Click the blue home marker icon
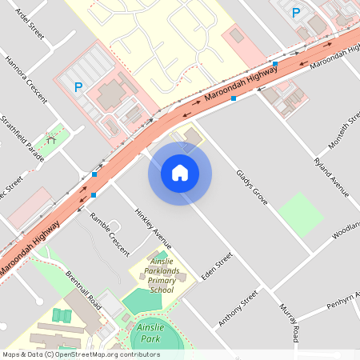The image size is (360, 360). pos(179,173)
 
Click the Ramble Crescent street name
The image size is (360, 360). pos(109,234)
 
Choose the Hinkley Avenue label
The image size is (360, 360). pos(153,230)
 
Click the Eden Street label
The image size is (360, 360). pos(216,266)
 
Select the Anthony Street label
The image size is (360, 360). pos(239,309)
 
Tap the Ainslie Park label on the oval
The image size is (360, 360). pos(150,333)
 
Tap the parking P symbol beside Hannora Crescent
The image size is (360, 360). pos(78,87)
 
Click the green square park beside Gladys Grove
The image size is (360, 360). pos(301,214)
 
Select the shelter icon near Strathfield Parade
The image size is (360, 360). pos(53,139)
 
